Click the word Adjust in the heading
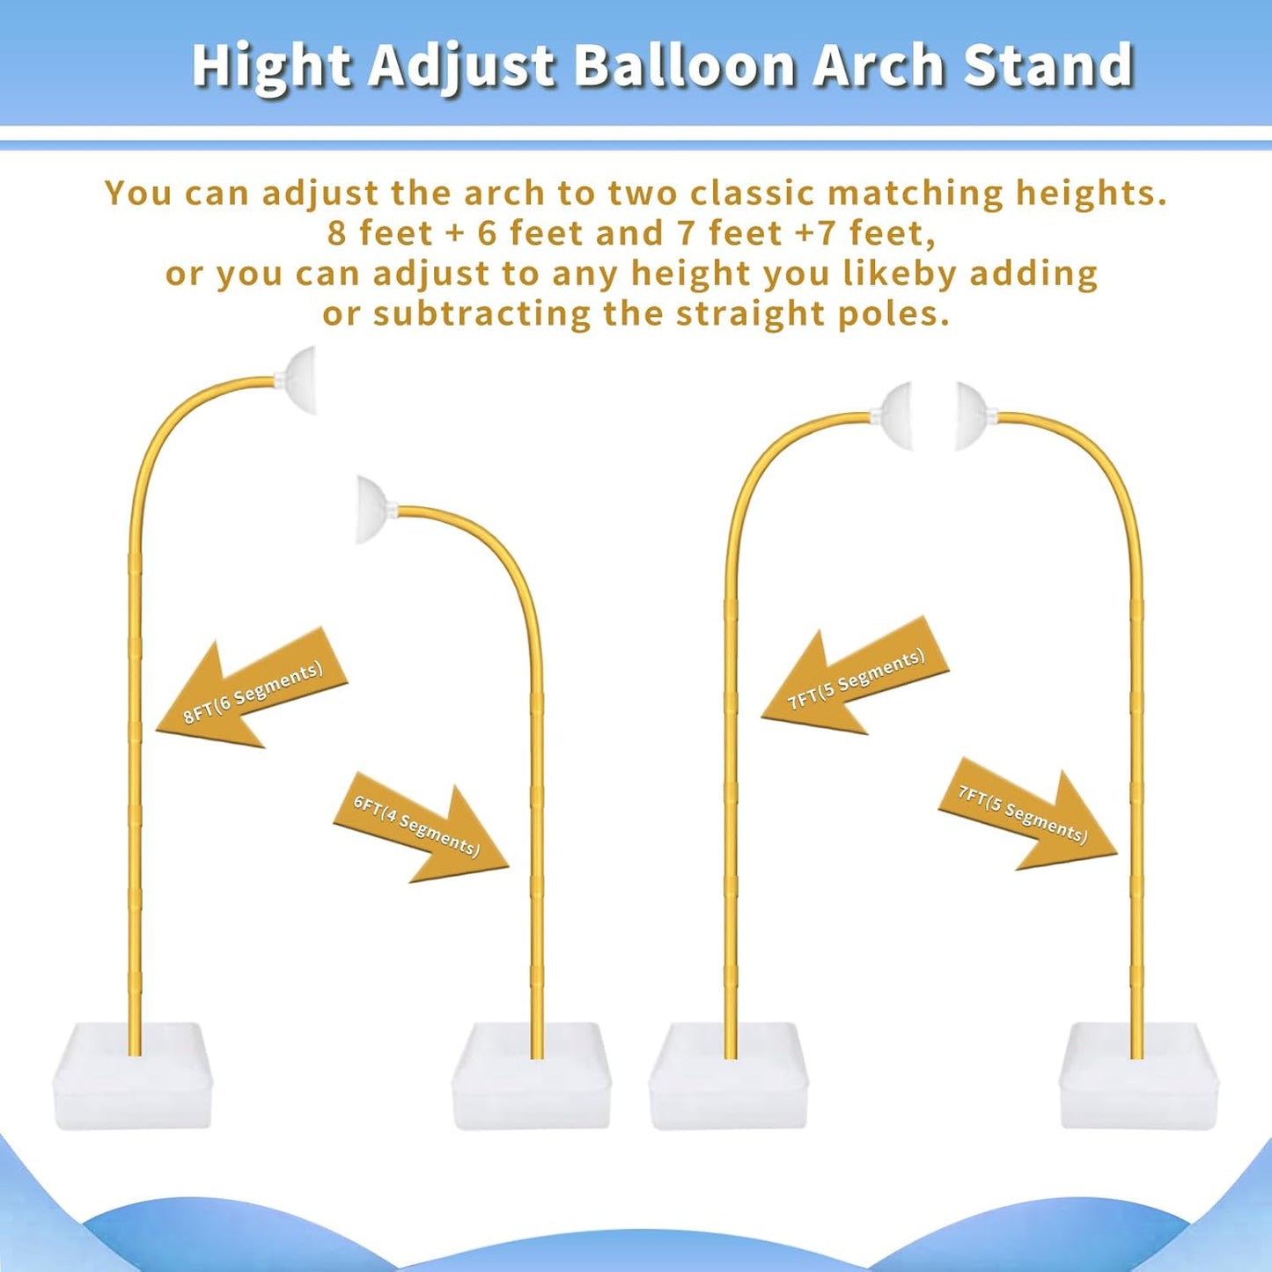[462, 66]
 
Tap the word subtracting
[482, 313]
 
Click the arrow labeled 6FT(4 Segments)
[420, 827]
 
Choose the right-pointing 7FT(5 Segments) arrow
[1026, 814]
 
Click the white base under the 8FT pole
[133, 1076]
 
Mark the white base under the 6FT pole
[531, 1076]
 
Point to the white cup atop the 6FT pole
[374, 510]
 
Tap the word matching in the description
[914, 193]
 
